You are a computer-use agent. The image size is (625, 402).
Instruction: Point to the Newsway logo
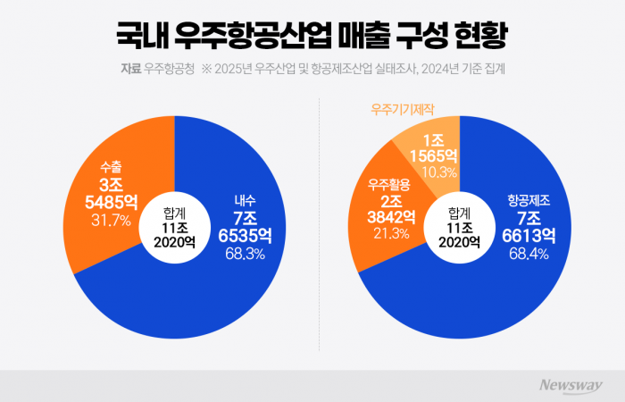coord(571,385)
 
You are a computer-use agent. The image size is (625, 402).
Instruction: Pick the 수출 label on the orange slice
coord(111,165)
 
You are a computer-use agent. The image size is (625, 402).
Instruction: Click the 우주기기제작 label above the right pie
coord(402,109)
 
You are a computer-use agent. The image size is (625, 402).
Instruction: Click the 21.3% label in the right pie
coord(388,234)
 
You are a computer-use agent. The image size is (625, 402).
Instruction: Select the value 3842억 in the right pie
coord(389,217)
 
